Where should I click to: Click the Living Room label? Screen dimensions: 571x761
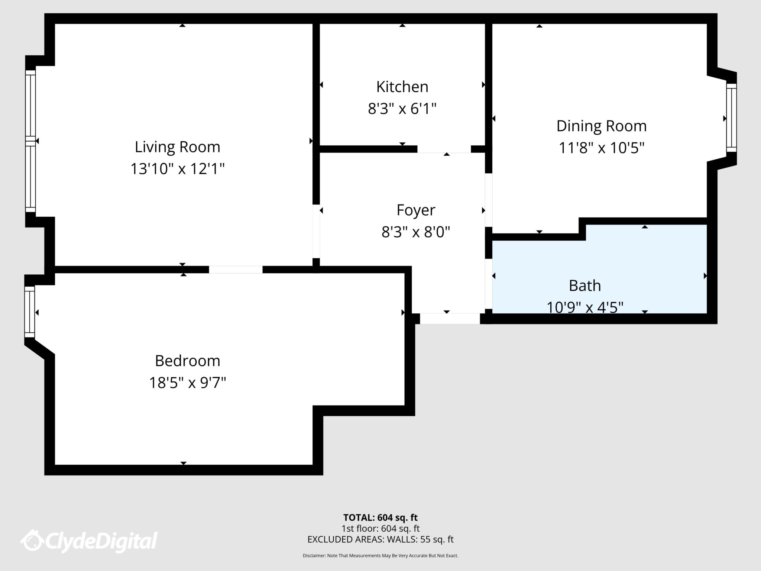(177, 147)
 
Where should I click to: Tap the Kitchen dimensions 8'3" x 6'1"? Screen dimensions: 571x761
(402, 109)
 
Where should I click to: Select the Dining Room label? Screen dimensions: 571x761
(601, 126)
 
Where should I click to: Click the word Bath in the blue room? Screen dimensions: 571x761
(584, 286)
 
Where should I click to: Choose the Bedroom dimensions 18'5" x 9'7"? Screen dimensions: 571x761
(188, 383)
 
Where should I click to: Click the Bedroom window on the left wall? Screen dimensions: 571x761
(30, 312)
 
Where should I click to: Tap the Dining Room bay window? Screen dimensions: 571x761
(731, 118)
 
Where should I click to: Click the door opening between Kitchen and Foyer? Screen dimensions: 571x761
(444, 149)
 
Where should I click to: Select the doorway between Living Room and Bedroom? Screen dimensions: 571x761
(236, 270)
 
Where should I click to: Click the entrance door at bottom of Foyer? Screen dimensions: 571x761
(450, 319)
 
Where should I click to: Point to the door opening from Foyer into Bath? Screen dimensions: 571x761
(489, 284)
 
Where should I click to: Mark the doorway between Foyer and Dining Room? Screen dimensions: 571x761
(489, 200)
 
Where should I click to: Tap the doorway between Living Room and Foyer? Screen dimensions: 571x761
(316, 231)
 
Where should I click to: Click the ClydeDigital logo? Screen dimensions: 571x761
(89, 541)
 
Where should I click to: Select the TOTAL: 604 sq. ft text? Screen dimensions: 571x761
(380, 517)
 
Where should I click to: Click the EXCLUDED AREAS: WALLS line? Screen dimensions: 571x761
(380, 539)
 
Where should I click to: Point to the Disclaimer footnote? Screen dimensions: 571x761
(380, 556)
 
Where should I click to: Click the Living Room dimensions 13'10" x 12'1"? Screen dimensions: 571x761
(177, 169)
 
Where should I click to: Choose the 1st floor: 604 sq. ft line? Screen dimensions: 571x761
(380, 529)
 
